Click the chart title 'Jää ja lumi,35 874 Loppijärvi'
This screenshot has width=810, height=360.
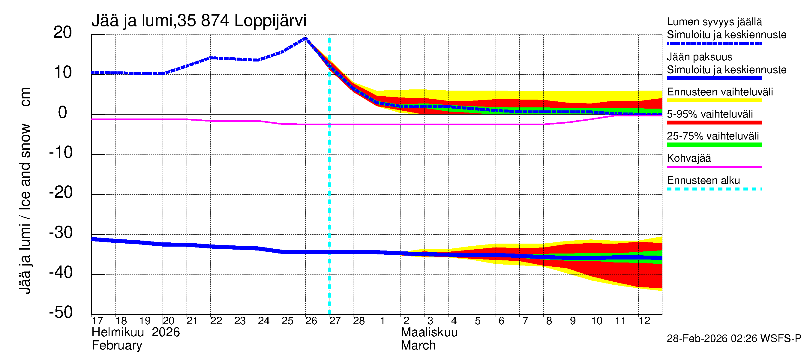199,21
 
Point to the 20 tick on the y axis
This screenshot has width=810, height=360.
63,32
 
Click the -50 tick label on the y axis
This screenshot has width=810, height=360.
61,312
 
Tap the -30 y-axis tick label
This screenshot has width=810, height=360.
61,233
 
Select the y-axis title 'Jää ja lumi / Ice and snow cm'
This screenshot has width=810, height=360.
25,190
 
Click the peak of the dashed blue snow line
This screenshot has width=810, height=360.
305,38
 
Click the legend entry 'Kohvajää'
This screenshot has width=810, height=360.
688,158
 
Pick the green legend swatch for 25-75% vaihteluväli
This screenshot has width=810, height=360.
714,145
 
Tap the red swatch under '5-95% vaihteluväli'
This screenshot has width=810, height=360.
714,123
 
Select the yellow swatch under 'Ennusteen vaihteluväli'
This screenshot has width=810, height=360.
714,100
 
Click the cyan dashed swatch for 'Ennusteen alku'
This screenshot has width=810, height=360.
714,189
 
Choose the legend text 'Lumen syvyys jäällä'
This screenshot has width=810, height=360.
714,22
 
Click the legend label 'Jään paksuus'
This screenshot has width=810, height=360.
699,57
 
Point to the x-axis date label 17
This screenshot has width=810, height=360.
97,321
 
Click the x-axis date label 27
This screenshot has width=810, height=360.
335,321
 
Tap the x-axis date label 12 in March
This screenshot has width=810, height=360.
644,321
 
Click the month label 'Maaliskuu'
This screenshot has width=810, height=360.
429,332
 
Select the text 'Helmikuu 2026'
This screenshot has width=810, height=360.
136,332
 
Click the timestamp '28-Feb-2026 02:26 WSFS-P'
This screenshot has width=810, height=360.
734,339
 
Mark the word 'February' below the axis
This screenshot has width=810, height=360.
117,346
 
